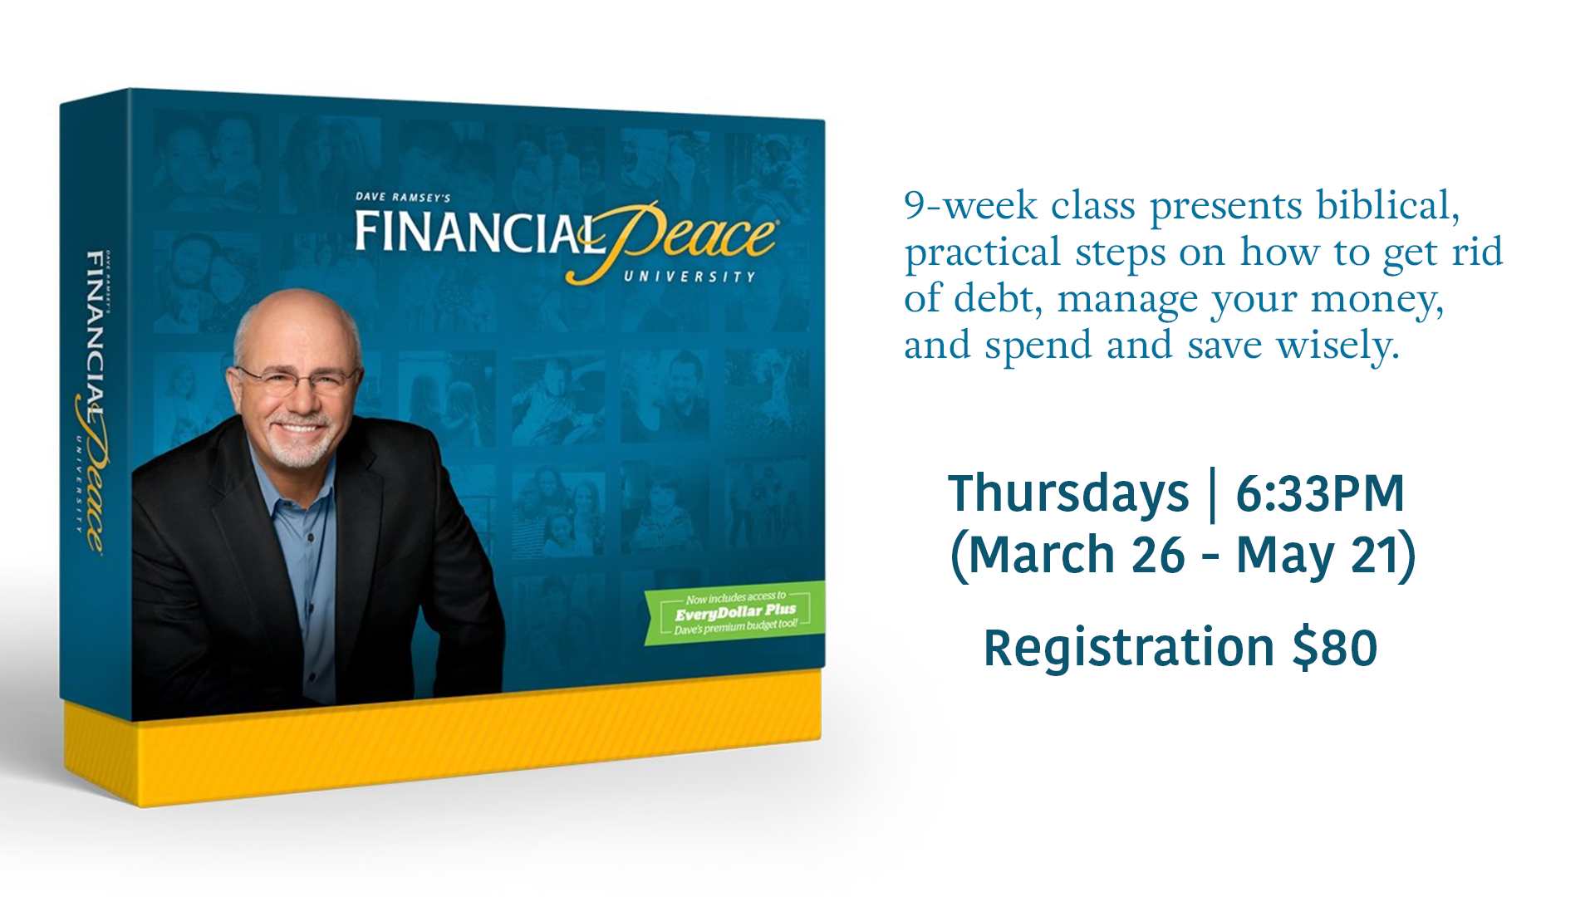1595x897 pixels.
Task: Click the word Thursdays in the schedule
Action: pos(1068,494)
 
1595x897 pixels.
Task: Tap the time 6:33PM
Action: pos(1320,493)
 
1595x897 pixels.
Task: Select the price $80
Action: pos(1335,648)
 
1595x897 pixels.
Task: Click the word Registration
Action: pos(1129,649)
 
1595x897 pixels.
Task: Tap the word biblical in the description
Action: pos(1387,205)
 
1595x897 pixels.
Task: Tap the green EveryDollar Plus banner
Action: pos(734,612)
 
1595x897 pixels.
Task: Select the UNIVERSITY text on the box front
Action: pos(690,277)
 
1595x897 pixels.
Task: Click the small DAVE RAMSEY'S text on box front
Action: pos(403,198)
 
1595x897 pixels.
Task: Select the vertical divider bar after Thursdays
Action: pos(1213,496)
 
